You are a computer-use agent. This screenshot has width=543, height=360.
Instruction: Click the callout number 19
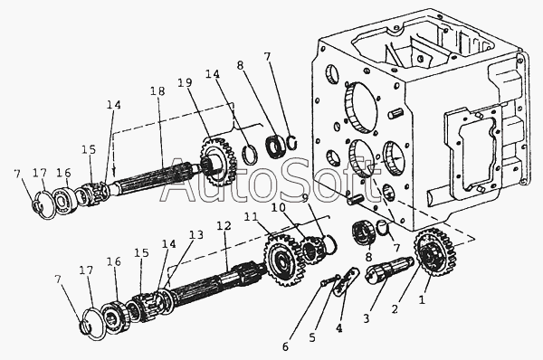point(186,83)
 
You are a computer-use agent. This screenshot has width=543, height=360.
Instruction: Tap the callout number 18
point(157,91)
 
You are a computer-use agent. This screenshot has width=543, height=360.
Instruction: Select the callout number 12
point(224,226)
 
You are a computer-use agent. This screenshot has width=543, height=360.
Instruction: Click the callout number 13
point(196,235)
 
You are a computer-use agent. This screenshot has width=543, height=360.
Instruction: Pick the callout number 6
point(285,347)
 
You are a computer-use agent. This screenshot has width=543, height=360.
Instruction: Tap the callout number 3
point(367,318)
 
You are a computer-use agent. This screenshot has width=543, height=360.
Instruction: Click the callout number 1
point(422,299)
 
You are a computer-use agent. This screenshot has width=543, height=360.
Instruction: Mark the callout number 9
point(305,198)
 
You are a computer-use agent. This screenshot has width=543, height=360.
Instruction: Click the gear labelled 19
point(218,161)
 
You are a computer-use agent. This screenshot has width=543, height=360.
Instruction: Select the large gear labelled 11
point(281,260)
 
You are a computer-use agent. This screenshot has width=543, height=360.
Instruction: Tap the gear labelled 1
point(434,251)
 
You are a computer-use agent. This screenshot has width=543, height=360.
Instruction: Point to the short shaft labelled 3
point(389,270)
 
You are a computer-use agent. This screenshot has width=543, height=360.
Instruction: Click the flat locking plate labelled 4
point(346,281)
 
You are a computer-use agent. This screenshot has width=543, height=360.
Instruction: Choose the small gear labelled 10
point(312,250)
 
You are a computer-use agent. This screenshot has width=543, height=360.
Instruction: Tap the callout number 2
point(395,309)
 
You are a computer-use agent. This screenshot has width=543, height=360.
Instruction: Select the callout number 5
point(312,338)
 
